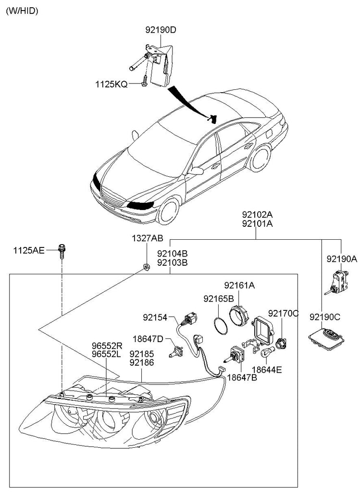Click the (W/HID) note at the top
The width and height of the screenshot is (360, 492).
pyautogui.click(x=22, y=11)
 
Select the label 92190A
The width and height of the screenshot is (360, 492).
pyautogui.click(x=342, y=258)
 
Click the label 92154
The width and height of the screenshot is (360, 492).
pyautogui.click(x=154, y=317)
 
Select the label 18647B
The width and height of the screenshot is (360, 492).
pyautogui.click(x=242, y=377)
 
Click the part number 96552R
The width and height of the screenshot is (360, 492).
pyautogui.click(x=106, y=345)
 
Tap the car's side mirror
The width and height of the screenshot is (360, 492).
pyautogui.click(x=196, y=171)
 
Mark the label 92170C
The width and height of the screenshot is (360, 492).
pyautogui.click(x=283, y=313)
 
